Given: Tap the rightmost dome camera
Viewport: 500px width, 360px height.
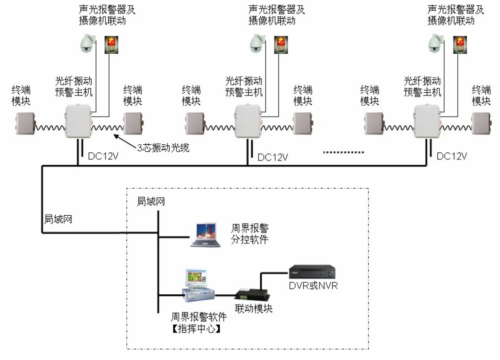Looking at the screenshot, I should (x=434, y=44).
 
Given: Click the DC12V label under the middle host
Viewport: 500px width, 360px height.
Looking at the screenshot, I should (x=272, y=157).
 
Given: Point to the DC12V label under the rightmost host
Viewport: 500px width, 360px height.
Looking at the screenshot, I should (x=452, y=156).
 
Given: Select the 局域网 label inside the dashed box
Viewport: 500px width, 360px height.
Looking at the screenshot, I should (x=151, y=202).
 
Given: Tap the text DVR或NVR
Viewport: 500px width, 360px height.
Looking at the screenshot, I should (x=313, y=286).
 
